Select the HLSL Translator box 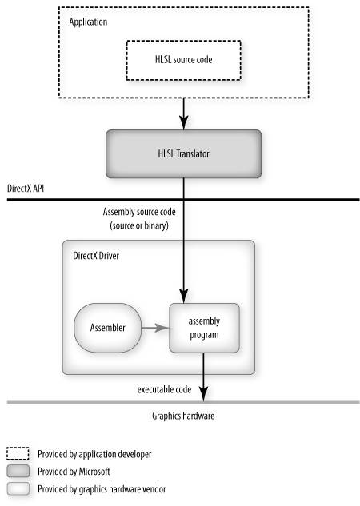click(183, 154)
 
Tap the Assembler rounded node click(107, 328)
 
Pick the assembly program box click(204, 328)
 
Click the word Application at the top click(88, 22)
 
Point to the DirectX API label click(26, 189)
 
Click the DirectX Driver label click(96, 256)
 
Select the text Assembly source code click(139, 212)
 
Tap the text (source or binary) click(139, 225)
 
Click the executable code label click(164, 390)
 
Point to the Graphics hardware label click(183, 416)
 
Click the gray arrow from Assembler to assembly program click(155, 328)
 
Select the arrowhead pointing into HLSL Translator click(184, 123)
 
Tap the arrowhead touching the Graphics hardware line click(203, 395)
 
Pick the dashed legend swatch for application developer click(18, 454)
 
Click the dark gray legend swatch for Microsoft click(18, 471)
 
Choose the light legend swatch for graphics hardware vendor click(18, 488)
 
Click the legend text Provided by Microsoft click(74, 472)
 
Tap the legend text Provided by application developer click(94, 454)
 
